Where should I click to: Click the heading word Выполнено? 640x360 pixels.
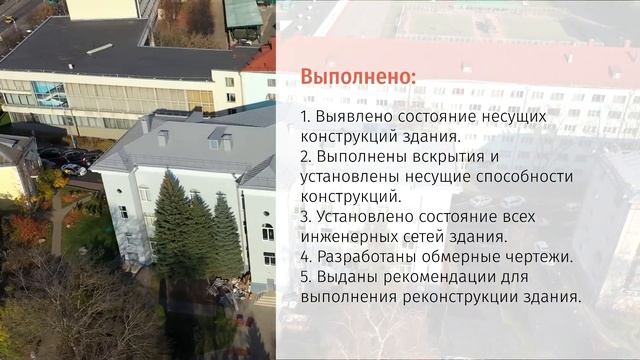click(359, 78)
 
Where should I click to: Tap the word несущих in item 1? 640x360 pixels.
click(513, 117)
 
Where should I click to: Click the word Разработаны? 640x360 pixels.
click(366, 257)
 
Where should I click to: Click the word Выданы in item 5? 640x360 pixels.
click(345, 277)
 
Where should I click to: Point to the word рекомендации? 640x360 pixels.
click(438, 277)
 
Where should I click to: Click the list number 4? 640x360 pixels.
click(305, 257)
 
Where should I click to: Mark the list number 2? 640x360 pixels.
click(305, 157)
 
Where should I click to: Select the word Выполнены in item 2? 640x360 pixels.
click(358, 157)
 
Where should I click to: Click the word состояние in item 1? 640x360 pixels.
click(432, 117)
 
